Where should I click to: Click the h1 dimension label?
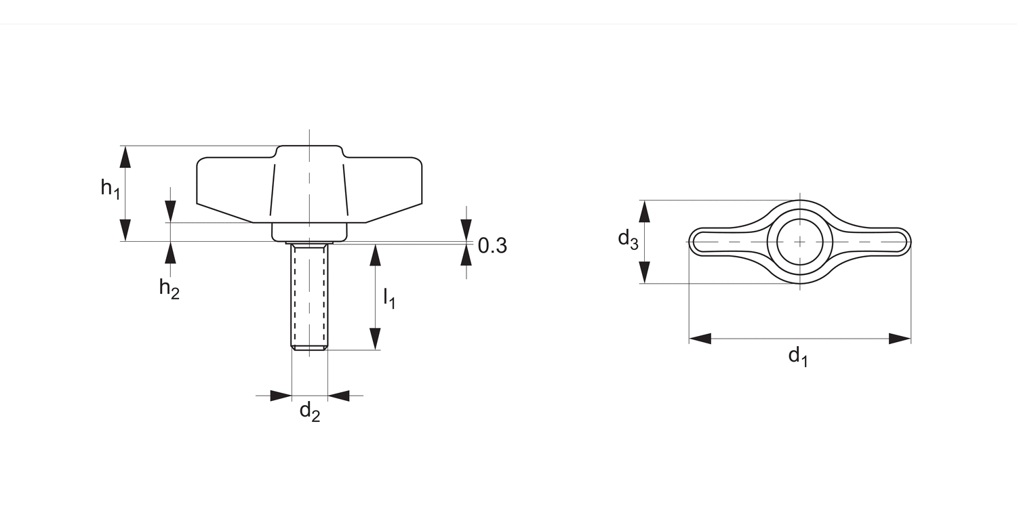click(110, 188)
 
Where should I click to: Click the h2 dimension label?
click(169, 289)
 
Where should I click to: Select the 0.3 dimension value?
click(492, 246)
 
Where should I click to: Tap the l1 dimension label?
click(389, 298)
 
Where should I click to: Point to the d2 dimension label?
click(309, 411)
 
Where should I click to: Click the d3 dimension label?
click(628, 239)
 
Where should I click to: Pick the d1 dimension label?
click(798, 356)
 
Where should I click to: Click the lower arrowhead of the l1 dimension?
click(375, 338)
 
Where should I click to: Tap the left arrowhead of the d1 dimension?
click(700, 339)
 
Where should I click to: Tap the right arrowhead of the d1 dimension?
click(899, 339)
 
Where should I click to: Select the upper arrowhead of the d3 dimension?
click(645, 212)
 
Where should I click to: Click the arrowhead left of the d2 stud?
click(280, 396)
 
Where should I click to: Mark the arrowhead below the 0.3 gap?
click(466, 255)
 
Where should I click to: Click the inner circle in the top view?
click(800, 242)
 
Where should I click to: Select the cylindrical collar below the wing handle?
click(309, 231)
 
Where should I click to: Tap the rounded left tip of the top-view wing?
click(695, 242)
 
